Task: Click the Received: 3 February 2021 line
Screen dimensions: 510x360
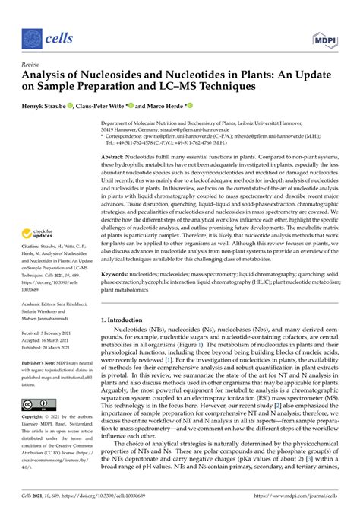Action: (x=52, y=333)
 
